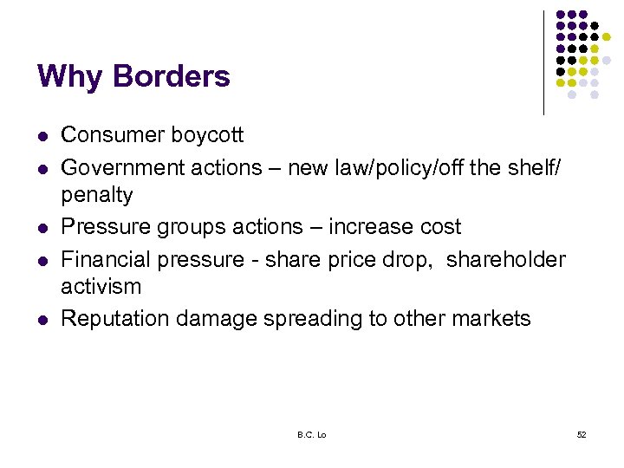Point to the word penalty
coord(97,196)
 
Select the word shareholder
coord(506,258)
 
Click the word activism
coord(101,287)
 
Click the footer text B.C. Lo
coord(311,433)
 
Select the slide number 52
coord(582,433)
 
